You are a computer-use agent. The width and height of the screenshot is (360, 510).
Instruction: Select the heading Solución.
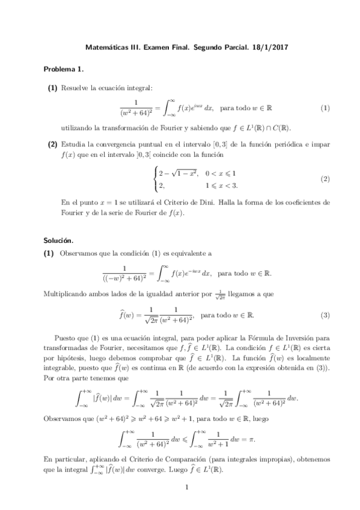point(60,239)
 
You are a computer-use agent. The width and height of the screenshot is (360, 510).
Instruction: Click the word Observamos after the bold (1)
point(80,254)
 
